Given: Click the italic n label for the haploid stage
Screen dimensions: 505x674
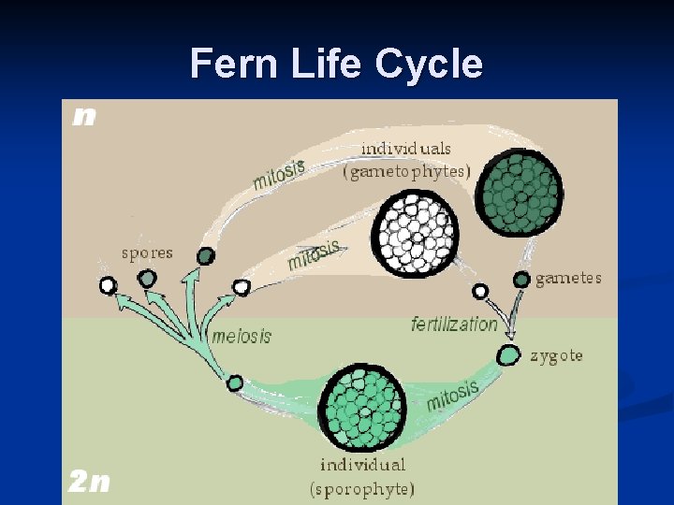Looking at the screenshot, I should [x=84, y=116].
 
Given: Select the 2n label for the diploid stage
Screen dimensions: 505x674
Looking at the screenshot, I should [x=88, y=482].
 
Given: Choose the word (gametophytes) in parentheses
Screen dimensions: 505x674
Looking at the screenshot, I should [x=406, y=171].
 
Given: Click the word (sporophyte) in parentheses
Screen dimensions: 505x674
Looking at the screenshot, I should [x=362, y=487].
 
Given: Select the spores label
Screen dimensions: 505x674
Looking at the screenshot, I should [x=147, y=252].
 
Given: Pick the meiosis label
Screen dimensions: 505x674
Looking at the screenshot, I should [x=242, y=336].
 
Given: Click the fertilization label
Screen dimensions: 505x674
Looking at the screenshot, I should [x=455, y=325].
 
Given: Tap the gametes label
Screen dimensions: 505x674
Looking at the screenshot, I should [x=568, y=279].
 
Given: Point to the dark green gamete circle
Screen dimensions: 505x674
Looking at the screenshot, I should [x=521, y=279].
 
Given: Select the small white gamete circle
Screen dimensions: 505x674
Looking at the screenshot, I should [x=480, y=292].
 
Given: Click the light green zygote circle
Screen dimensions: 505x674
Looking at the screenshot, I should [x=507, y=355].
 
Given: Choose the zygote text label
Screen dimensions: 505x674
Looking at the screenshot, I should [x=556, y=356].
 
